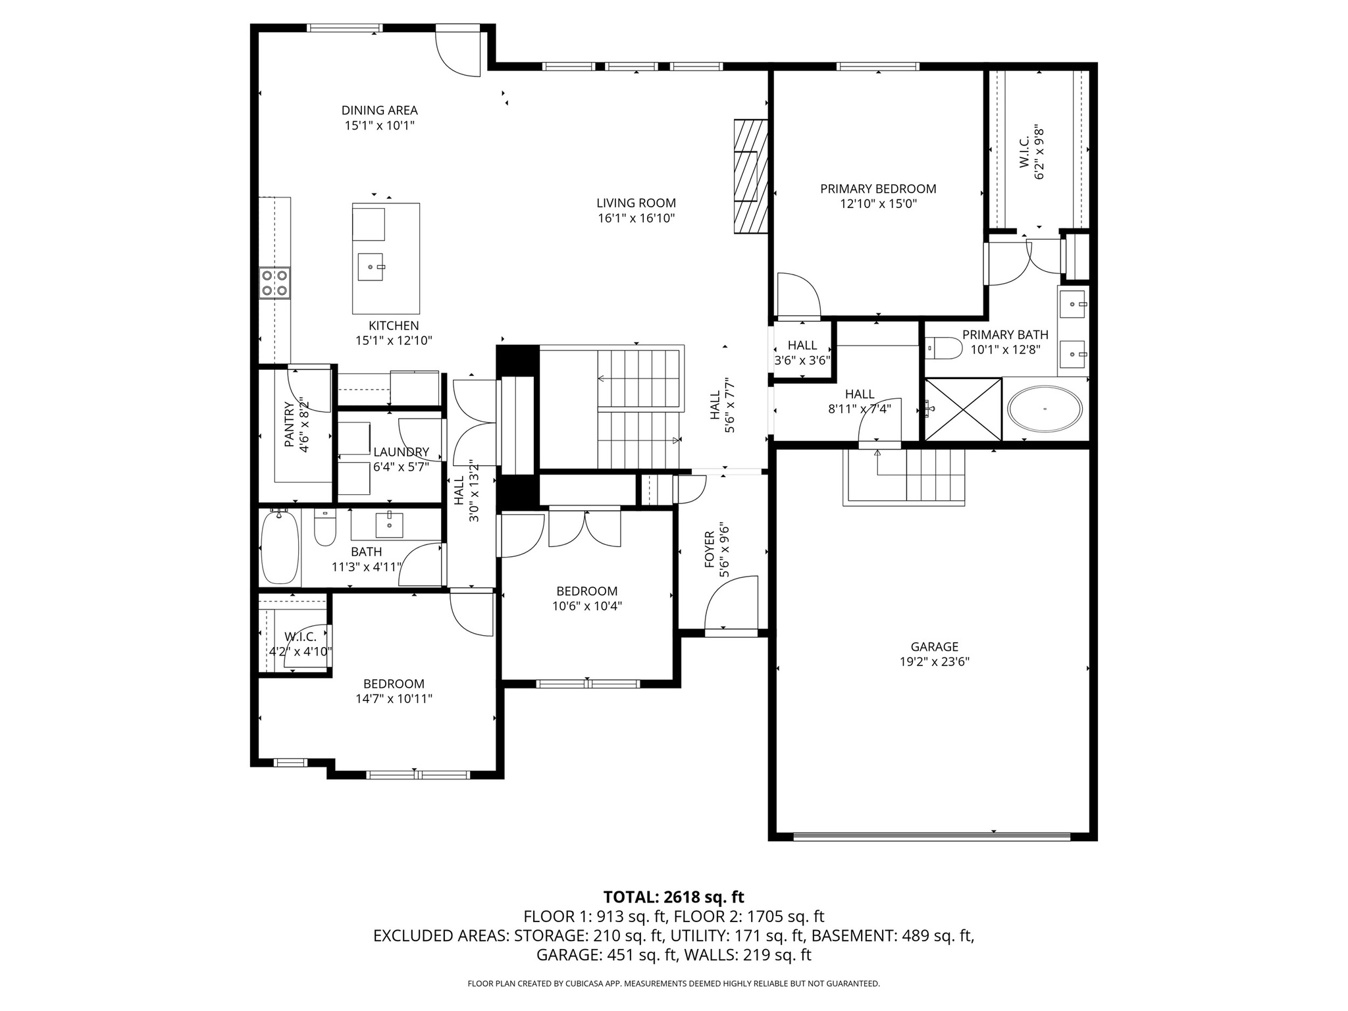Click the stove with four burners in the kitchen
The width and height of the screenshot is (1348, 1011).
[x=274, y=283]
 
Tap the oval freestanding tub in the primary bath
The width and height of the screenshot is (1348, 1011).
[x=1045, y=409]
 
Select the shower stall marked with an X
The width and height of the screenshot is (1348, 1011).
[x=964, y=409]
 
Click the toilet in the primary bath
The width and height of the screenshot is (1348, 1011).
[x=943, y=348]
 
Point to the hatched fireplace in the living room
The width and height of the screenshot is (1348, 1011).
[x=751, y=176]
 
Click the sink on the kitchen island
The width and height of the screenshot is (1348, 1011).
[x=370, y=267]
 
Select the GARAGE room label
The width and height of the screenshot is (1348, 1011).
[x=934, y=647]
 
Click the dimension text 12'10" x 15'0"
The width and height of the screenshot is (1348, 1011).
[x=878, y=204]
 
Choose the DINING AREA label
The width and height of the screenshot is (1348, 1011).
[x=379, y=111]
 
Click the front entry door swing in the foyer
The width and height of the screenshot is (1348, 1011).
[x=731, y=602]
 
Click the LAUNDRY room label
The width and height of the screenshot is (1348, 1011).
[x=401, y=452]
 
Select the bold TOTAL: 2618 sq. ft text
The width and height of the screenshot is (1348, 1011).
[x=673, y=897]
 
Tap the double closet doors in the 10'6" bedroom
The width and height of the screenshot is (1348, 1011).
[x=584, y=529]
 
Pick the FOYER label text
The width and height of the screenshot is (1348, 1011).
[x=710, y=550]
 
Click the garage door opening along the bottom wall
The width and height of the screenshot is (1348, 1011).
[x=931, y=837]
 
